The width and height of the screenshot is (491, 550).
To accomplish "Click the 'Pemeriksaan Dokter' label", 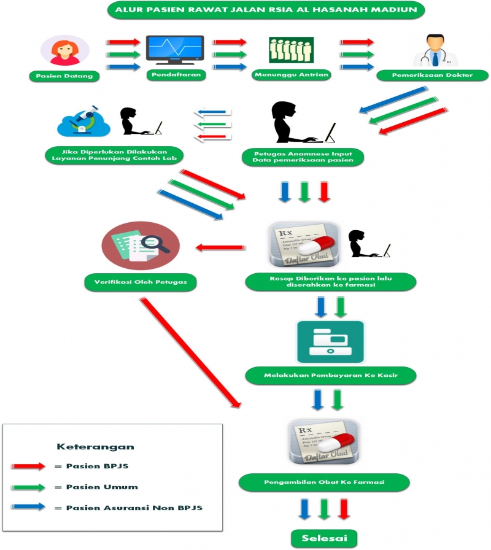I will pos(433,76).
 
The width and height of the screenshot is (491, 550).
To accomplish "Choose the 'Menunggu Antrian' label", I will pos(292,76).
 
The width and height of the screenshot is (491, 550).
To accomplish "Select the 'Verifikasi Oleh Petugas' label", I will pos(141,282).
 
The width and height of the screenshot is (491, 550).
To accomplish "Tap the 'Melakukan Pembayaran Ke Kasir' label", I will pos(331,374).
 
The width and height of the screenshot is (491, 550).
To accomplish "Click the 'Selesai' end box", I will pos(325,538).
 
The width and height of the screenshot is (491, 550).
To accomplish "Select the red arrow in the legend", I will pos(28,467).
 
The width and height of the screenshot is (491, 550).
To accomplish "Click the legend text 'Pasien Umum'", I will pos(101,487).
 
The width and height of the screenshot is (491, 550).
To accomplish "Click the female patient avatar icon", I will pos(60,50).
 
